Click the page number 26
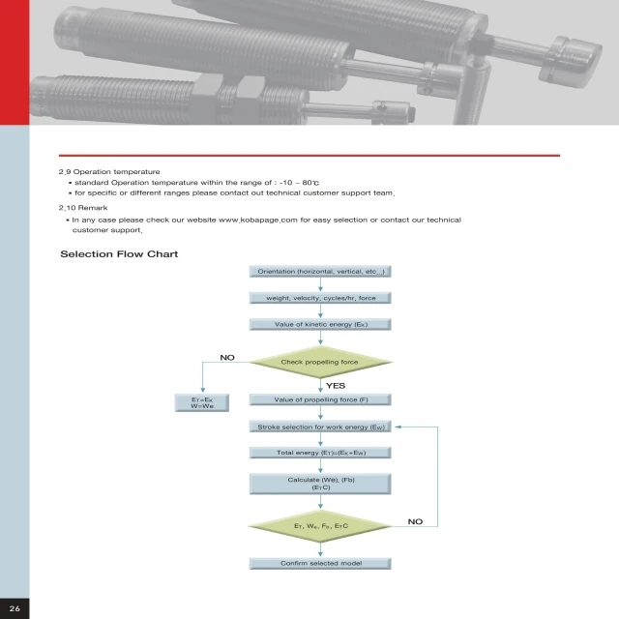pyautogui.click(x=15, y=606)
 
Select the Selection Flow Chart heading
pyautogui.click(x=119, y=254)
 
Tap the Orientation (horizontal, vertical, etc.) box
pyautogui.click(x=320, y=272)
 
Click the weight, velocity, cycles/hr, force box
pyautogui.click(x=320, y=298)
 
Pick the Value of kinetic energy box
pyautogui.click(x=320, y=324)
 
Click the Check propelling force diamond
pyautogui.click(x=320, y=362)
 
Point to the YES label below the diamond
pyautogui.click(x=336, y=385)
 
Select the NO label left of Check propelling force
pyautogui.click(x=227, y=358)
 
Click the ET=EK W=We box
pyautogui.click(x=202, y=403)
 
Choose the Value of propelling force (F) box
pyautogui.click(x=320, y=399)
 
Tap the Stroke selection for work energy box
pyautogui.click(x=320, y=427)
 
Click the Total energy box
pyautogui.click(x=320, y=453)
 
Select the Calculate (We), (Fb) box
pyautogui.click(x=320, y=485)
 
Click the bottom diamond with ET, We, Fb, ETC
pyautogui.click(x=320, y=526)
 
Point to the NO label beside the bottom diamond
pyautogui.click(x=415, y=521)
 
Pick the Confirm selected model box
pyautogui.click(x=320, y=563)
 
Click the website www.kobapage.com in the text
pyautogui.click(x=257, y=221)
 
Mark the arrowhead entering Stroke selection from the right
pyautogui.click(x=398, y=427)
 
